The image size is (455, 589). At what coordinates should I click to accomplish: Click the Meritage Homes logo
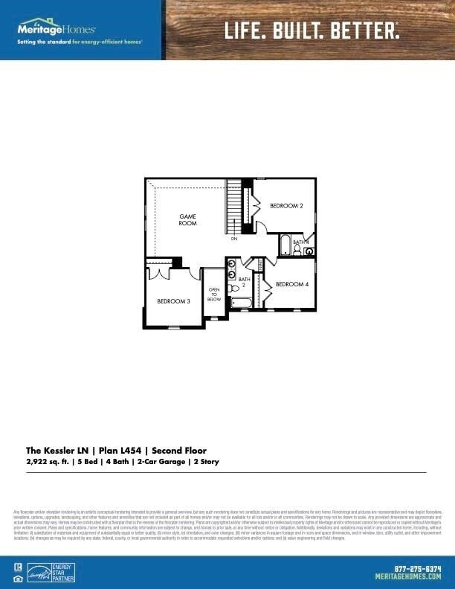(56, 29)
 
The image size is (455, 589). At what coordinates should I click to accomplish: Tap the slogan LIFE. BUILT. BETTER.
(312, 30)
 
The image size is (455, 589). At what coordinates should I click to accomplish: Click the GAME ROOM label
(187, 220)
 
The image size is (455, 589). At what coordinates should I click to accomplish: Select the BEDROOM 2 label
(286, 205)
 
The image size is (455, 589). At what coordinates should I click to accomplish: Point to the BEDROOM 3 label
(173, 301)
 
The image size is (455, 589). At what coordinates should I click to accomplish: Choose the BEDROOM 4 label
(292, 284)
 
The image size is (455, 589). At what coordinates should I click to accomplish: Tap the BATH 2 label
(243, 282)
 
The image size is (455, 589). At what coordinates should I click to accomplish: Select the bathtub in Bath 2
(241, 303)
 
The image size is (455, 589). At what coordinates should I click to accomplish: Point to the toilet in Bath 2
(234, 288)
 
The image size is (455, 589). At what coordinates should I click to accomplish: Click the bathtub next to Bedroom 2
(285, 245)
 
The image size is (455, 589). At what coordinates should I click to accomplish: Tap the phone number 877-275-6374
(410, 568)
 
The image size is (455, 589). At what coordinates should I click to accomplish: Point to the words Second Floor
(179, 451)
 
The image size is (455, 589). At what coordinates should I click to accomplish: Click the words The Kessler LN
(54, 451)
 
